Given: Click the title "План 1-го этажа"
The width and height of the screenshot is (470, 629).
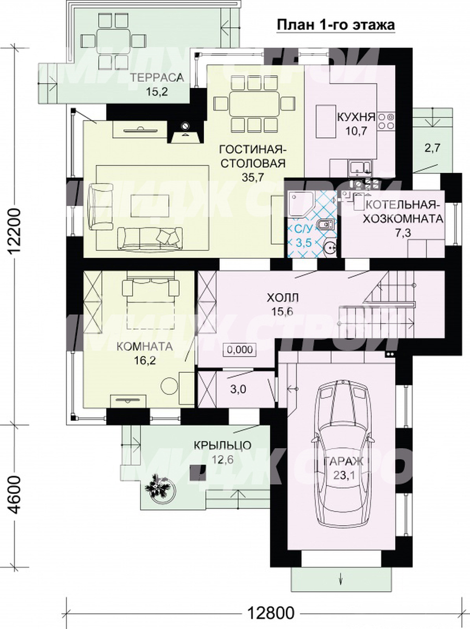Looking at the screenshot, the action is pyautogui.click(x=336, y=25).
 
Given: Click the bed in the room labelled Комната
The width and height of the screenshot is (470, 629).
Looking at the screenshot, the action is pyautogui.click(x=150, y=304).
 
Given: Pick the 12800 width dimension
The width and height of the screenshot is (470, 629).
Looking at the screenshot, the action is pyautogui.click(x=271, y=611).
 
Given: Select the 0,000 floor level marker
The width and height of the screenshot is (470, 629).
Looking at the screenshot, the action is pyautogui.click(x=240, y=350).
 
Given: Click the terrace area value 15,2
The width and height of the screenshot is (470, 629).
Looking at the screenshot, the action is pyautogui.click(x=157, y=92).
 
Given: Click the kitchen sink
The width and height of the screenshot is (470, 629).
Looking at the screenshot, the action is pyautogui.click(x=360, y=167).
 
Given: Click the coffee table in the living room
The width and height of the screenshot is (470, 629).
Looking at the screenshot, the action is pyautogui.click(x=149, y=205).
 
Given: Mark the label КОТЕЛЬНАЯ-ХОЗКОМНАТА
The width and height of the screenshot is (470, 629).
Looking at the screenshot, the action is pyautogui.click(x=403, y=213).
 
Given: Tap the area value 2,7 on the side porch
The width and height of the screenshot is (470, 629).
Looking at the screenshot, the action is pyautogui.click(x=432, y=149).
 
